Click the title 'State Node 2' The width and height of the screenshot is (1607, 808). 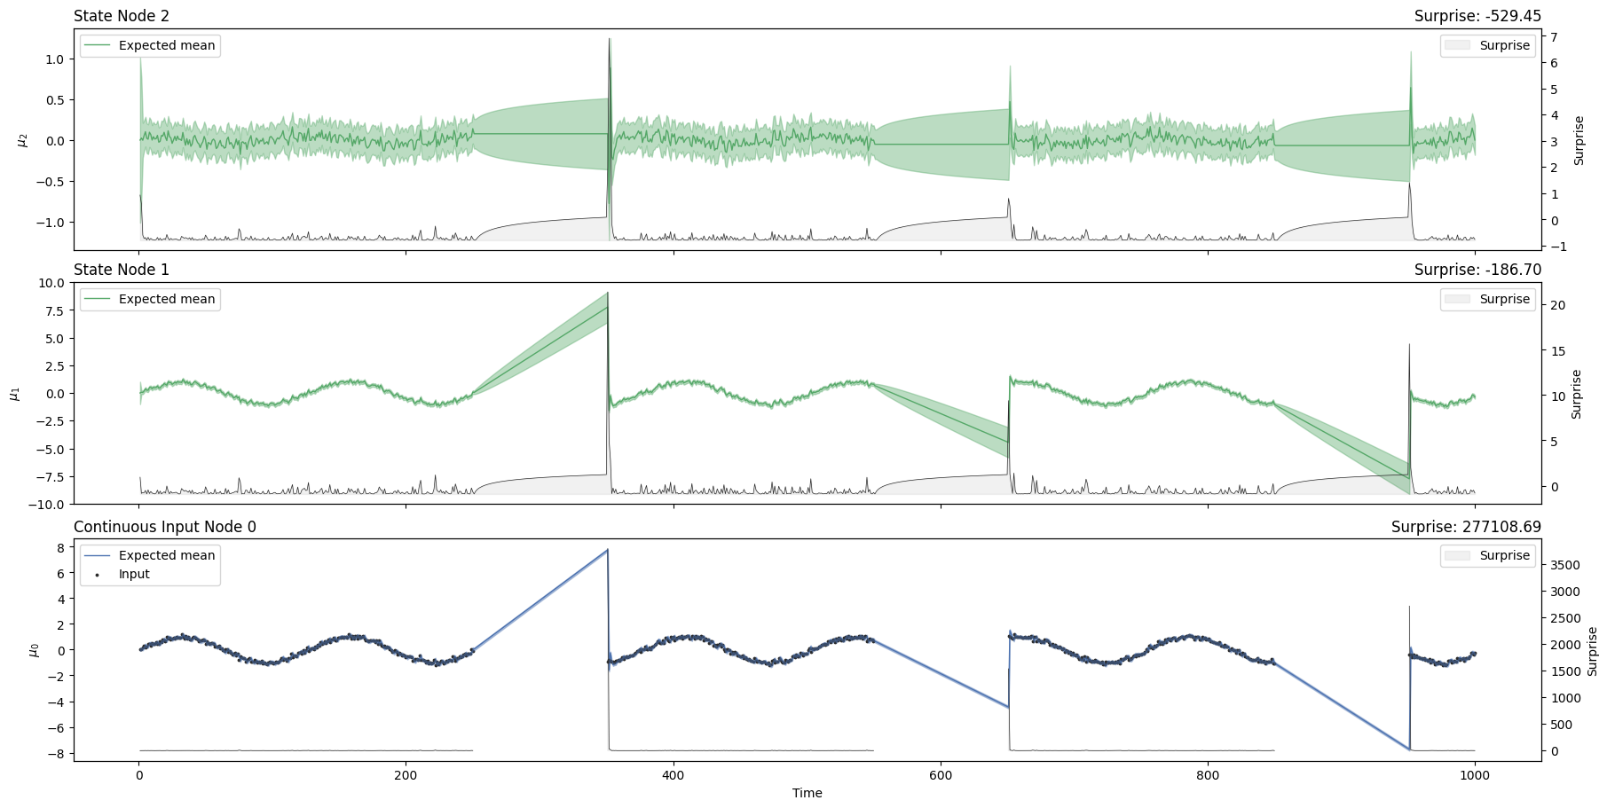[x=122, y=16]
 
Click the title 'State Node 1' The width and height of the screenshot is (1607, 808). [x=122, y=270]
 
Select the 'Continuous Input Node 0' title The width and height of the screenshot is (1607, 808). [x=165, y=527]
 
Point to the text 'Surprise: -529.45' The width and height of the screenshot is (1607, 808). [x=1477, y=16]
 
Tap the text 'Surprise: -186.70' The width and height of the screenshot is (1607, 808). [x=1477, y=270]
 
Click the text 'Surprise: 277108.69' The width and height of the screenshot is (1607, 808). [x=1466, y=527]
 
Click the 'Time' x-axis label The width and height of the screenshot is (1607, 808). [x=807, y=793]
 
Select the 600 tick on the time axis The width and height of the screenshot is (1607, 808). [x=941, y=775]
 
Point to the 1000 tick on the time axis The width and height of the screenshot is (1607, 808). [x=1475, y=775]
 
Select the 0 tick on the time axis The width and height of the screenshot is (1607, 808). [x=138, y=775]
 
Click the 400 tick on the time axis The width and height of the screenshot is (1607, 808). [x=674, y=775]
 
